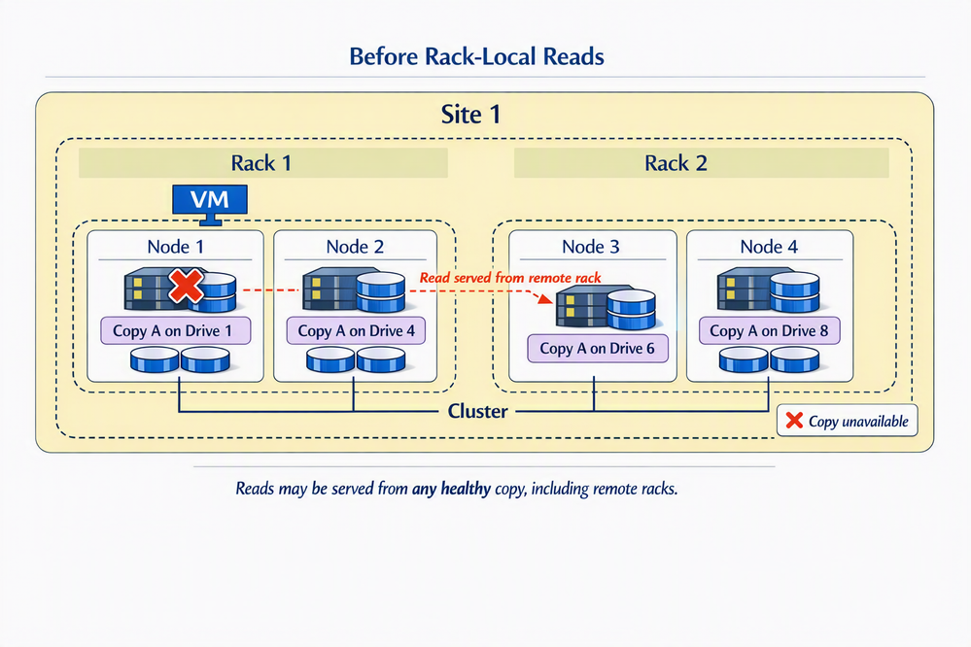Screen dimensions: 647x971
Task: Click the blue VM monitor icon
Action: (210, 201)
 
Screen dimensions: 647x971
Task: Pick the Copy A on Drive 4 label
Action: (356, 330)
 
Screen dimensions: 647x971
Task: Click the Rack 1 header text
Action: (260, 162)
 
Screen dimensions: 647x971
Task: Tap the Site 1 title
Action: (470, 115)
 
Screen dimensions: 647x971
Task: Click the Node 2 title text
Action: (354, 247)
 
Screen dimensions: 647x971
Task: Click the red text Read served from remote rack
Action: (509, 278)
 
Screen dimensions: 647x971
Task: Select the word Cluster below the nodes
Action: (478, 411)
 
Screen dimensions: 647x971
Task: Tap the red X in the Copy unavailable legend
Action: (794, 421)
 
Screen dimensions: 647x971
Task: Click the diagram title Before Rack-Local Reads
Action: (476, 56)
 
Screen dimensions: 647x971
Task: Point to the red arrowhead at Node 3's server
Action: (544, 300)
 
